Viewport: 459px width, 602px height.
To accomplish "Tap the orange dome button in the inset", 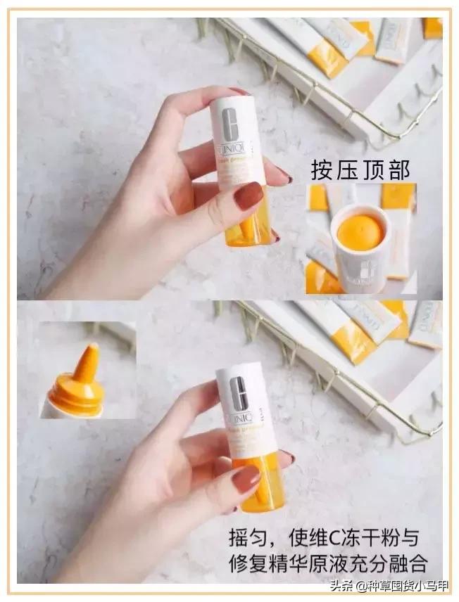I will coord(360,231).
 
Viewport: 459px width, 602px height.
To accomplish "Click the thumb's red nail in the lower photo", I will coord(246,479).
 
